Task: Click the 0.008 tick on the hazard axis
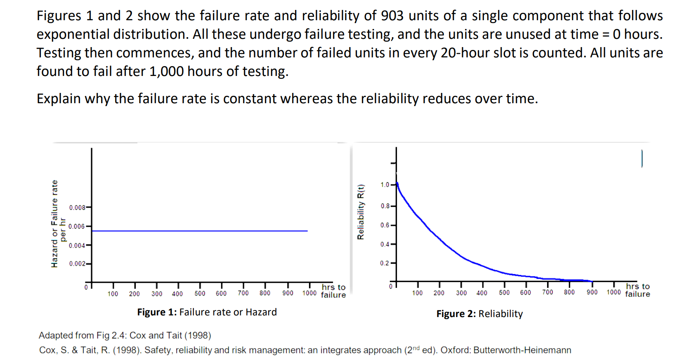(77, 207)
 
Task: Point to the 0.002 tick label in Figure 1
(77, 263)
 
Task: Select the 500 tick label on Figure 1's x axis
(200, 294)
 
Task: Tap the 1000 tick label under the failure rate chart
(309, 293)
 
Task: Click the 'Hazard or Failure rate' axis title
(54, 223)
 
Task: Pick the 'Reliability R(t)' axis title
(361, 212)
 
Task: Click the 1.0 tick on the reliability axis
(385, 185)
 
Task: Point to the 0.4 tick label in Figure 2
(385, 244)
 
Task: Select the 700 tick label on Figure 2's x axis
(548, 292)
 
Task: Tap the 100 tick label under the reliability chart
(417, 293)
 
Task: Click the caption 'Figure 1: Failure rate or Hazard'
(207, 312)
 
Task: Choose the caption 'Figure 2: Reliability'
(479, 314)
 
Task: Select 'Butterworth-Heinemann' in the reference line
(522, 350)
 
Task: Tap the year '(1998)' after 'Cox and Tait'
(198, 335)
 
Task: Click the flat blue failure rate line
(200, 231)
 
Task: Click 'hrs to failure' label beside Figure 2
(637, 290)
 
